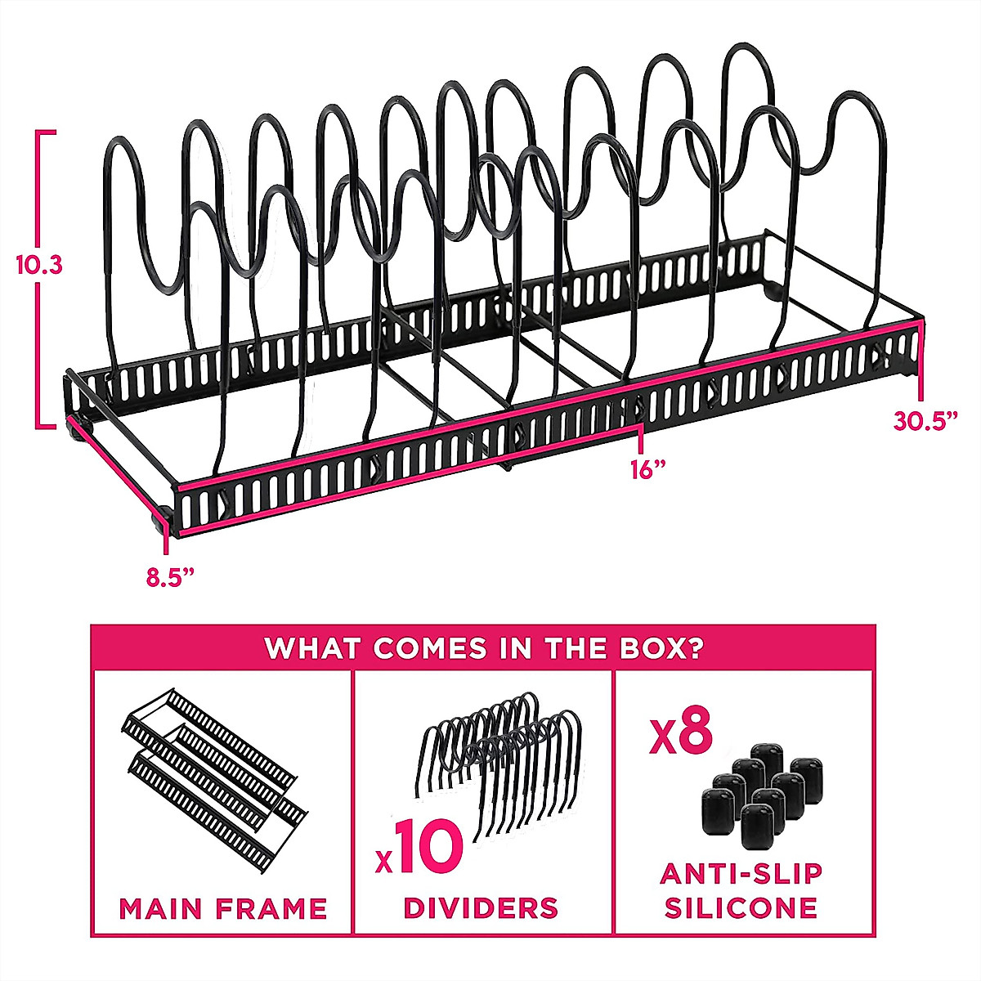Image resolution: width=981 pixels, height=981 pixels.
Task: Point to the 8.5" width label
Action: [170, 576]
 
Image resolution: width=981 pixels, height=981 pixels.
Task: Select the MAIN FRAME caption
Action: [223, 908]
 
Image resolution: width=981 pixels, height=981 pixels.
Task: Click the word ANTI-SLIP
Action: [741, 874]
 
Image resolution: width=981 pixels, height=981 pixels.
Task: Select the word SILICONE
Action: [741, 907]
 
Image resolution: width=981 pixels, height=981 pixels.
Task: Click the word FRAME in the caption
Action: [277, 908]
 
